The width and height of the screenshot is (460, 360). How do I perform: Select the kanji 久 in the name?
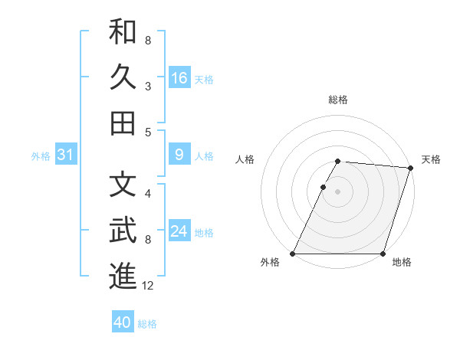(123, 77)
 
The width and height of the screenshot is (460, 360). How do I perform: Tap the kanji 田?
(123, 123)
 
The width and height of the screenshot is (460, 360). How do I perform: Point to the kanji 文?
(123, 185)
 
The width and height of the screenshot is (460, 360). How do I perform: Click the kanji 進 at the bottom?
(123, 276)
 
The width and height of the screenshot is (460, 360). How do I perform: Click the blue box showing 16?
(179, 78)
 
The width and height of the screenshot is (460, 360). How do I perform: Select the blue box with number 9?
(179, 155)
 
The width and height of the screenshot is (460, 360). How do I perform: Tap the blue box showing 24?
(179, 232)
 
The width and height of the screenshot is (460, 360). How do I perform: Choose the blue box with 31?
(65, 155)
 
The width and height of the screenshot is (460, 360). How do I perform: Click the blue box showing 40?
(123, 322)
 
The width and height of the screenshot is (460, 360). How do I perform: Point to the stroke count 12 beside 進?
(148, 286)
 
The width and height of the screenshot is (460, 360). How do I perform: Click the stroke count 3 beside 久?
(148, 87)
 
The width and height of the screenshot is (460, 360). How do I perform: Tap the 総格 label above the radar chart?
(337, 100)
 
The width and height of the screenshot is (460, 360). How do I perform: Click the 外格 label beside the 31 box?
(41, 156)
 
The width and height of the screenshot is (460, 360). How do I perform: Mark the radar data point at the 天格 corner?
(410, 168)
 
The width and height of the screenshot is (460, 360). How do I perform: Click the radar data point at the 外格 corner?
(293, 254)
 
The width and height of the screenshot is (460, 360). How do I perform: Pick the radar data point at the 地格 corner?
(383, 254)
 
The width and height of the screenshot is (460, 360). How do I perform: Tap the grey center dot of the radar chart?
(337, 191)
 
